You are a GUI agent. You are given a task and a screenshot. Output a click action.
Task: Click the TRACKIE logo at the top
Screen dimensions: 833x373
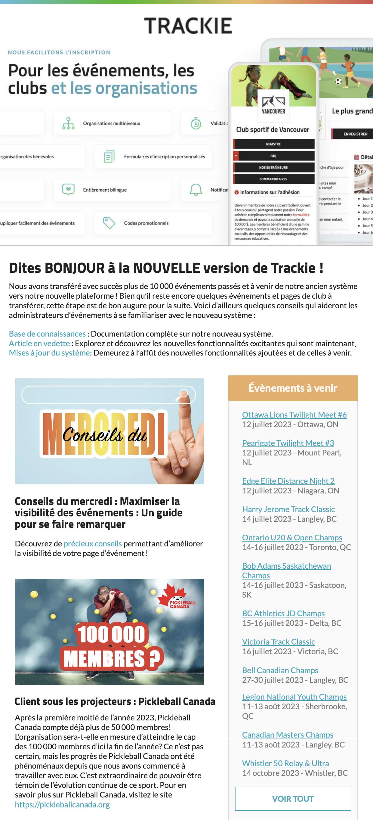[188, 26]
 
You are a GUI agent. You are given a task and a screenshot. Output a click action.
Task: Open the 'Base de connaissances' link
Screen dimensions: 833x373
[47, 334]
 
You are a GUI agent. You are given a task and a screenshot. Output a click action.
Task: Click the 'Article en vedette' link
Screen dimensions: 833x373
[39, 343]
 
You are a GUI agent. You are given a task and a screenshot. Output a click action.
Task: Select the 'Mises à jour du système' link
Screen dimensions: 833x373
[49, 353]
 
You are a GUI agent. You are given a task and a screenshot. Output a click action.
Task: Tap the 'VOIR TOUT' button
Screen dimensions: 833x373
[293, 798]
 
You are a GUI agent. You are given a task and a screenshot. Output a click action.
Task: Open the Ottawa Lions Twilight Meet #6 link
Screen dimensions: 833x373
[294, 415]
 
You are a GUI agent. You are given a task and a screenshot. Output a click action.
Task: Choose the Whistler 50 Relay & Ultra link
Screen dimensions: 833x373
[285, 763]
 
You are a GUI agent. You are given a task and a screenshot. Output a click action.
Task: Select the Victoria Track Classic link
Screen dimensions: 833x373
[278, 642]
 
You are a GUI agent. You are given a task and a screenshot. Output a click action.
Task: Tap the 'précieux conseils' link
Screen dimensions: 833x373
[92, 544]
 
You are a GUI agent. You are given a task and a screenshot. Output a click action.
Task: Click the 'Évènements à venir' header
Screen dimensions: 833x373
[293, 388]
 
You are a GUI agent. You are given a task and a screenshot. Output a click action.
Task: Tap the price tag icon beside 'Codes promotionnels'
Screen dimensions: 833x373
[109, 223]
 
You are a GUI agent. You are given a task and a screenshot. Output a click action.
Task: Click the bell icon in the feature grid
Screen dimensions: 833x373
[196, 190]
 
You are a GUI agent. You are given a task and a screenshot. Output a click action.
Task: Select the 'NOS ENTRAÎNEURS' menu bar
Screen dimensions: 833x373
[273, 167]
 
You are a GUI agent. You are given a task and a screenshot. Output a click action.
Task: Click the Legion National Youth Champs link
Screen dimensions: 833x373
[294, 697]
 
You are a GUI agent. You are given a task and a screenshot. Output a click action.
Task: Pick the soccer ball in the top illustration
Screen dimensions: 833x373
[338, 81]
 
